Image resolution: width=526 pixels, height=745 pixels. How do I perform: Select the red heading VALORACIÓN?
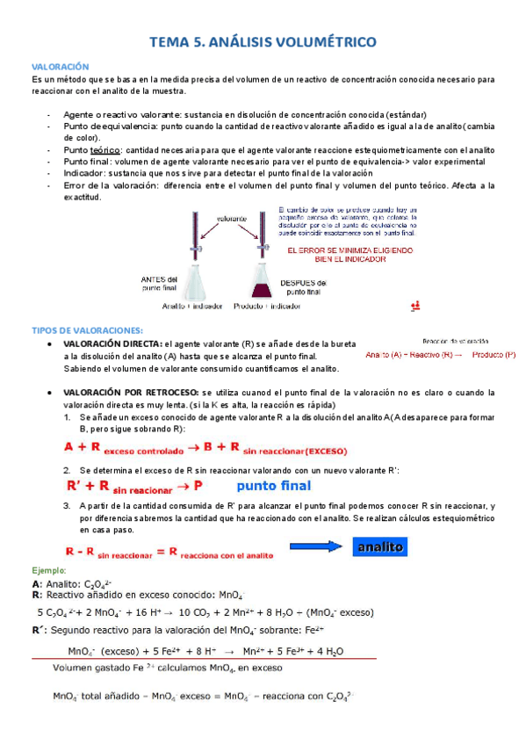pos(61,66)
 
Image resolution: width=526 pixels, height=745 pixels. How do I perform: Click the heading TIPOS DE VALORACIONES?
pos(80,329)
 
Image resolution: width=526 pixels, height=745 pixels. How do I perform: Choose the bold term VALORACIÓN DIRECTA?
pos(112,344)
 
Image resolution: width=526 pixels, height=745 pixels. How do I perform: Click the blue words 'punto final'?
pos(274,485)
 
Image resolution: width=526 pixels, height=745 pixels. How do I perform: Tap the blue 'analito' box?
pos(380,547)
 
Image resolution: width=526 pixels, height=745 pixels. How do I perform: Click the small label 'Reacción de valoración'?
pos(455,340)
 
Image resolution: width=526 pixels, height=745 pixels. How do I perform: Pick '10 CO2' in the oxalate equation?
pos(198,612)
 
